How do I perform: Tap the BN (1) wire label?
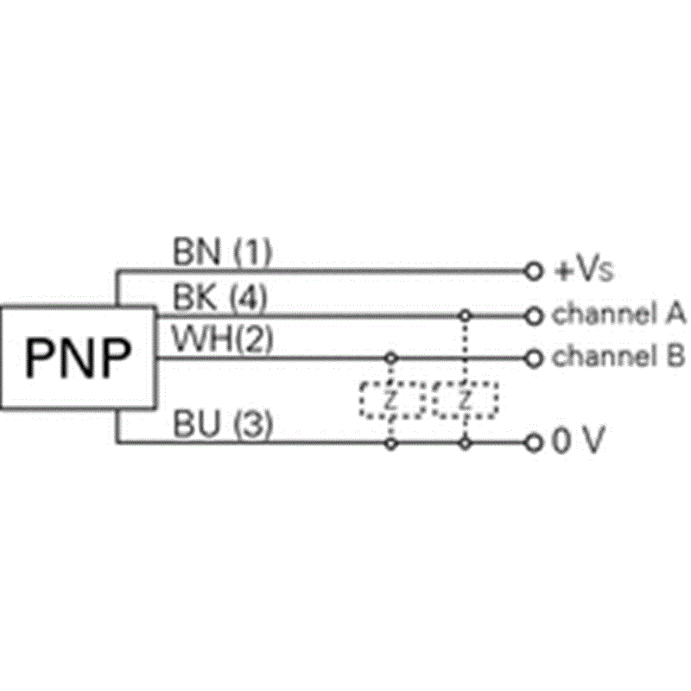tap(222, 252)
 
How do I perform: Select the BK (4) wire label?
tap(220, 297)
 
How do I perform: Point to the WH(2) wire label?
tap(223, 339)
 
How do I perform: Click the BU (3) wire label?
tap(223, 424)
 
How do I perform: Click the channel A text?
tap(618, 314)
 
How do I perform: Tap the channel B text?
tap(618, 356)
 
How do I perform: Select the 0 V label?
tap(578, 440)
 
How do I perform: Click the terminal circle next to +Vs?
tap(534, 271)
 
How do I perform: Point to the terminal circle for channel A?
tap(534, 316)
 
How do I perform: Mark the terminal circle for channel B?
tap(534, 358)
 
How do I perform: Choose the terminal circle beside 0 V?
tap(534, 442)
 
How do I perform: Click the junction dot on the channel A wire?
tap(465, 315)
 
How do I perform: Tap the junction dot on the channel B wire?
tap(391, 358)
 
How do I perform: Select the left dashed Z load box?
tap(360, 400)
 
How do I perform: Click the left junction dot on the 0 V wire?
tap(391, 443)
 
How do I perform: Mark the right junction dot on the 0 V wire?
tap(465, 443)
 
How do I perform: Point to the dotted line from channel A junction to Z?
tap(465, 352)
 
